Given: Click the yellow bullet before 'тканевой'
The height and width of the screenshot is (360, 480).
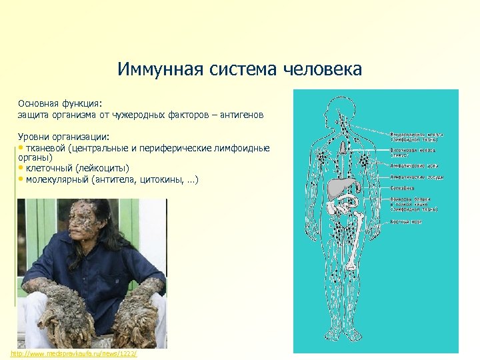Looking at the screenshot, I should point(21,147).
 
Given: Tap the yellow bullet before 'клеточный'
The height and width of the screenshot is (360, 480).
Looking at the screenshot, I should point(21,169).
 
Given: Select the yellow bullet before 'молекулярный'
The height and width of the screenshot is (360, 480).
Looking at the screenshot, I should point(21,179).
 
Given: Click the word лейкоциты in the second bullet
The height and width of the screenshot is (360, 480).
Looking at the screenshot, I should point(103,169).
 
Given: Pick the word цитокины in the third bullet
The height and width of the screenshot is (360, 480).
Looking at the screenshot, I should point(159,179).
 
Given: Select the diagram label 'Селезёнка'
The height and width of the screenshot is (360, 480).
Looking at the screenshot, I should point(403,189).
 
